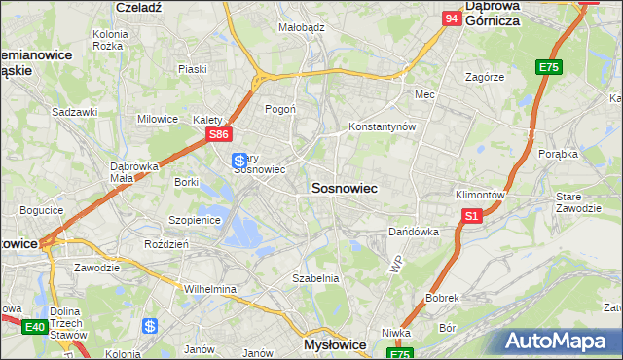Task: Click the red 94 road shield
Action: tap(451, 18)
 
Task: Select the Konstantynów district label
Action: tap(383, 127)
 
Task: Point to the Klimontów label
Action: tap(480, 195)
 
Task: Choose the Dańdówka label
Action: tap(414, 233)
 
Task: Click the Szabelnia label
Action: tap(315, 278)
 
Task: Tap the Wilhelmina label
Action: tap(210, 289)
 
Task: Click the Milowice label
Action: tap(158, 119)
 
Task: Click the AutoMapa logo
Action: tap(558, 341)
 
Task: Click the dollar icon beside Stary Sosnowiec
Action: tap(238, 160)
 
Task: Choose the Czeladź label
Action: tap(137, 6)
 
